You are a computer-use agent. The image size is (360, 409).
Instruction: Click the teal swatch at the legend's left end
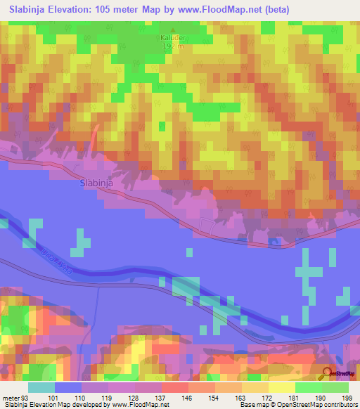tap(41, 387)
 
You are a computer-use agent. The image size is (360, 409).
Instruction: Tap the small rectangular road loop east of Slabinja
tap(209, 226)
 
